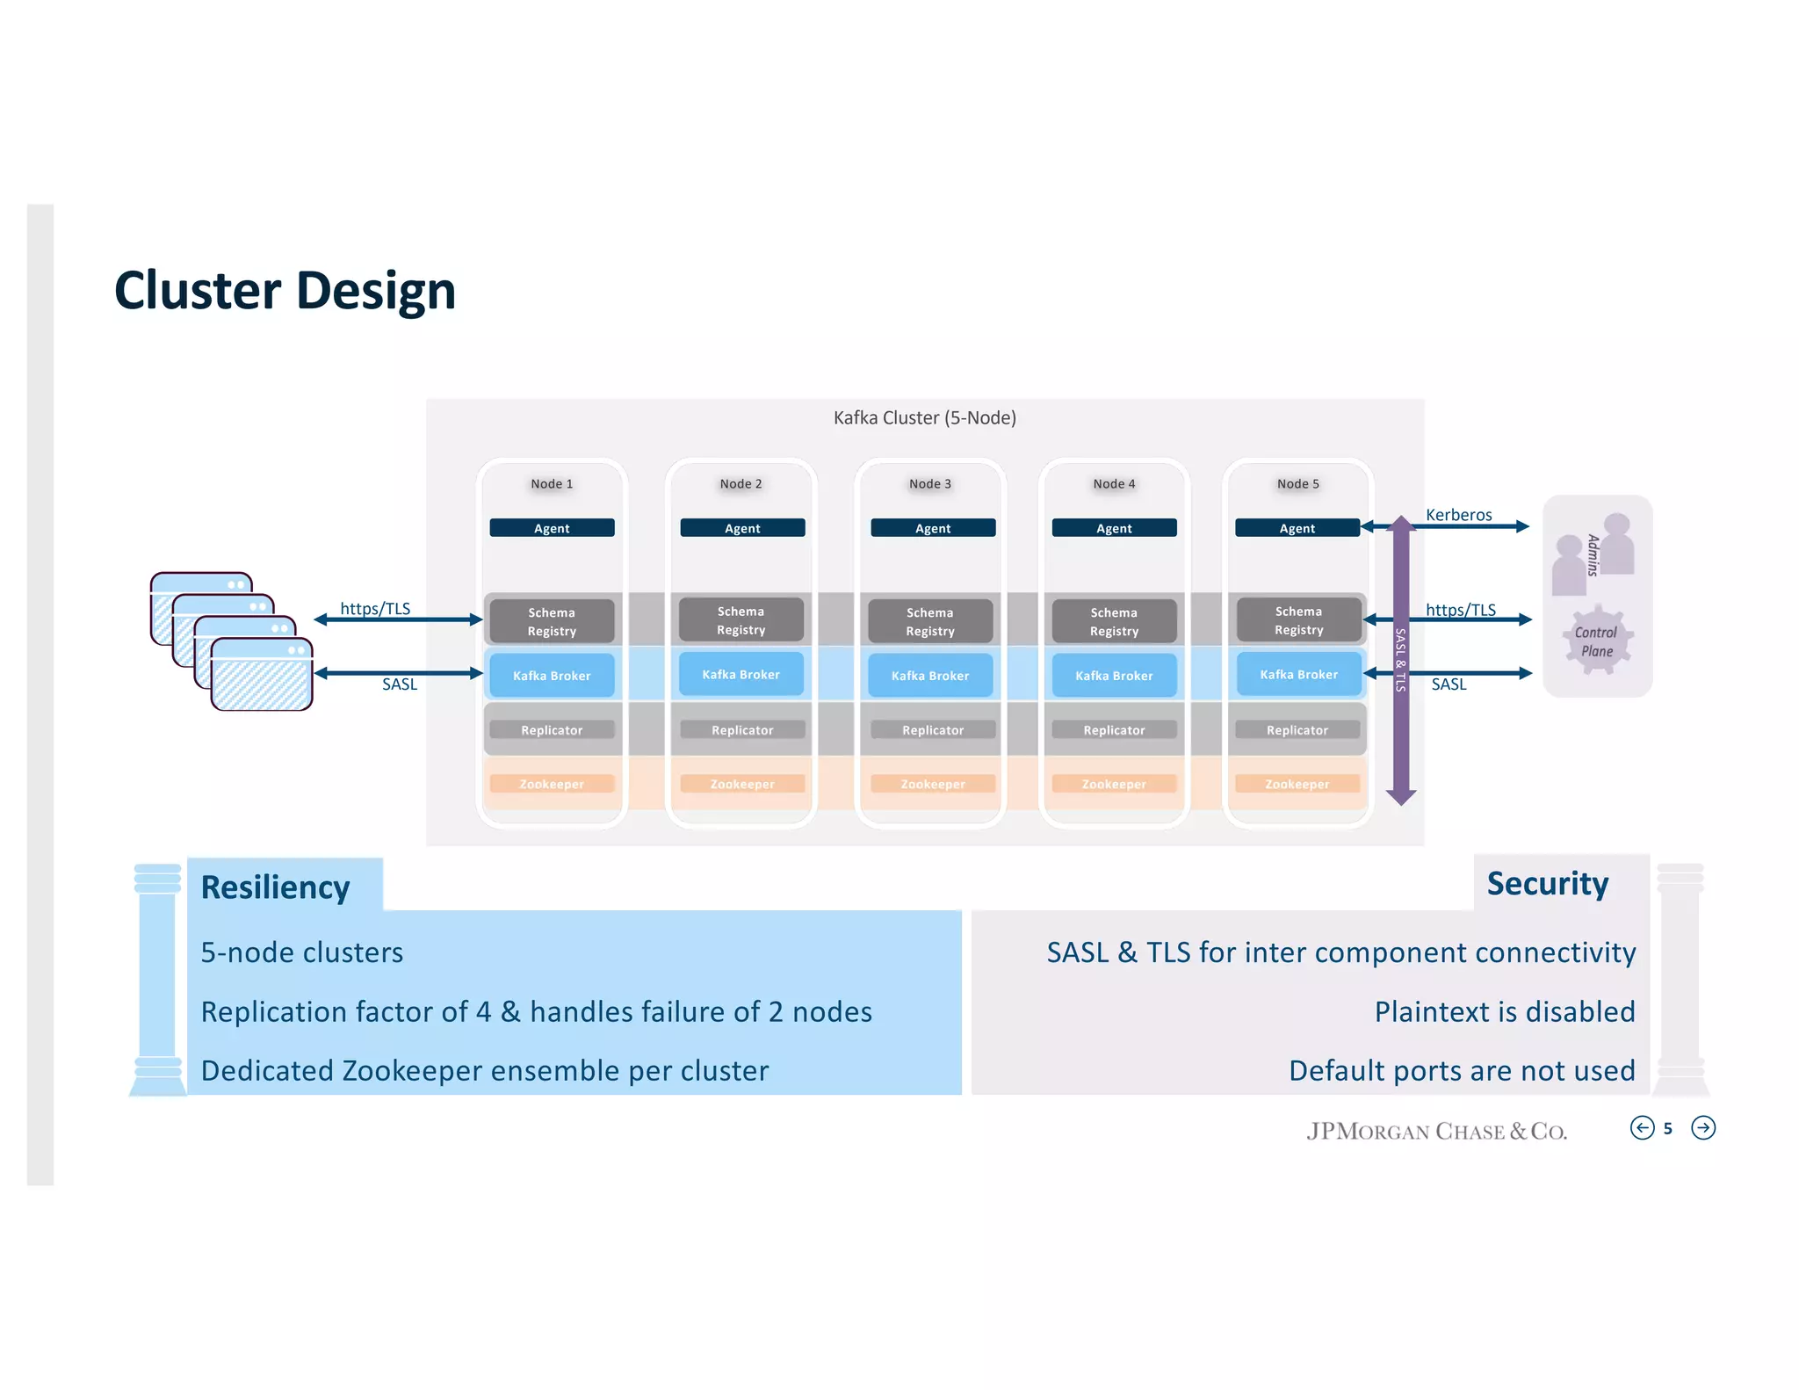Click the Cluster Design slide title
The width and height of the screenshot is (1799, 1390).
[x=285, y=291]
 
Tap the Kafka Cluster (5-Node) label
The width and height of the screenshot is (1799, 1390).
[x=924, y=418]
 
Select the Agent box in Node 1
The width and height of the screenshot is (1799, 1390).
[x=552, y=528]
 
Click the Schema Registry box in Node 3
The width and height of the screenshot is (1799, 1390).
[x=930, y=621]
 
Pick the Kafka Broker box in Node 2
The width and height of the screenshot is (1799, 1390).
[x=741, y=675]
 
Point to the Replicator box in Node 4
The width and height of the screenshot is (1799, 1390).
[x=1114, y=730]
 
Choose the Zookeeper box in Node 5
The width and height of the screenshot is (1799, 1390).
[x=1297, y=784]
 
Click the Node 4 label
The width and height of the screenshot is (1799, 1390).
[x=1114, y=484]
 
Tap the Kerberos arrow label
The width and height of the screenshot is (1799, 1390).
[x=1458, y=515]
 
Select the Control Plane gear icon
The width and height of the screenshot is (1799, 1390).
[x=1597, y=641]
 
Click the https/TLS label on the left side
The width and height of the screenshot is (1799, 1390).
[x=375, y=609]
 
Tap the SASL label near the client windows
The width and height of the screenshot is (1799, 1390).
[x=400, y=684]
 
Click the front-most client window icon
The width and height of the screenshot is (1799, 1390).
[x=262, y=675]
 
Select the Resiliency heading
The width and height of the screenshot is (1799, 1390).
[x=275, y=887]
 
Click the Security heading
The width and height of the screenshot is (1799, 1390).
[x=1547, y=884]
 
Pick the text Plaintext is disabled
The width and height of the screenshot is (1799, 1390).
[x=1504, y=1012]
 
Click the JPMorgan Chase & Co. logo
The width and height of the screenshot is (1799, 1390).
[x=1436, y=1131]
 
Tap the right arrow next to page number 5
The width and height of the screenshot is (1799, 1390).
[x=1702, y=1128]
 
